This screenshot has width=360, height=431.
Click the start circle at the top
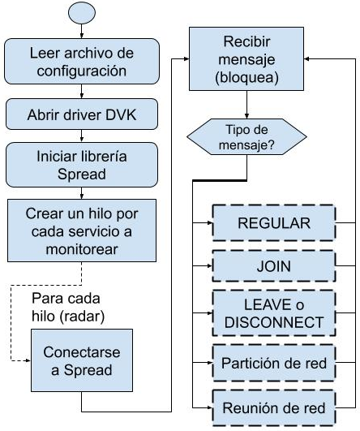[x=82, y=13]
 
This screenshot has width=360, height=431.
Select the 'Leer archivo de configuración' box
[x=82, y=62]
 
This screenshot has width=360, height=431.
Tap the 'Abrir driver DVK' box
[x=82, y=114]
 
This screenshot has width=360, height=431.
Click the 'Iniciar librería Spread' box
[x=82, y=165]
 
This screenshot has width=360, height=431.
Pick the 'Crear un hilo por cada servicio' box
[x=82, y=231]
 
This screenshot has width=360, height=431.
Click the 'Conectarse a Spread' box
[x=82, y=360]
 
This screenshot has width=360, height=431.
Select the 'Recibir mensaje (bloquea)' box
[x=246, y=58]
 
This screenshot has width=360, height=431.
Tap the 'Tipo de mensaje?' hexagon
[x=246, y=137]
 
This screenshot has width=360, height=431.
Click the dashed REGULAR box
[x=274, y=223]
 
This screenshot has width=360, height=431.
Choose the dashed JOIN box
[x=274, y=266]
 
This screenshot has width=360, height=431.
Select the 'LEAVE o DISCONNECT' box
[x=274, y=313]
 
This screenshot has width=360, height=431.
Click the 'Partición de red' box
[x=274, y=363]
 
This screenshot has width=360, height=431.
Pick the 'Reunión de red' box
[x=274, y=408]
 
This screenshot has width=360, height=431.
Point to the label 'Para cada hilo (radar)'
[x=68, y=308]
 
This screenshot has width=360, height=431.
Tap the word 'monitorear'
[x=82, y=249]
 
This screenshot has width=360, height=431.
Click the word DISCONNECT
[x=274, y=322]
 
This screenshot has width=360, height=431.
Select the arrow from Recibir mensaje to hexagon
[x=246, y=105]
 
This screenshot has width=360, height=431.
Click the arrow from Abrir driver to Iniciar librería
[x=82, y=136]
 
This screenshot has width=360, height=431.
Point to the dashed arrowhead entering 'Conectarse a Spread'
[x=28, y=360]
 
